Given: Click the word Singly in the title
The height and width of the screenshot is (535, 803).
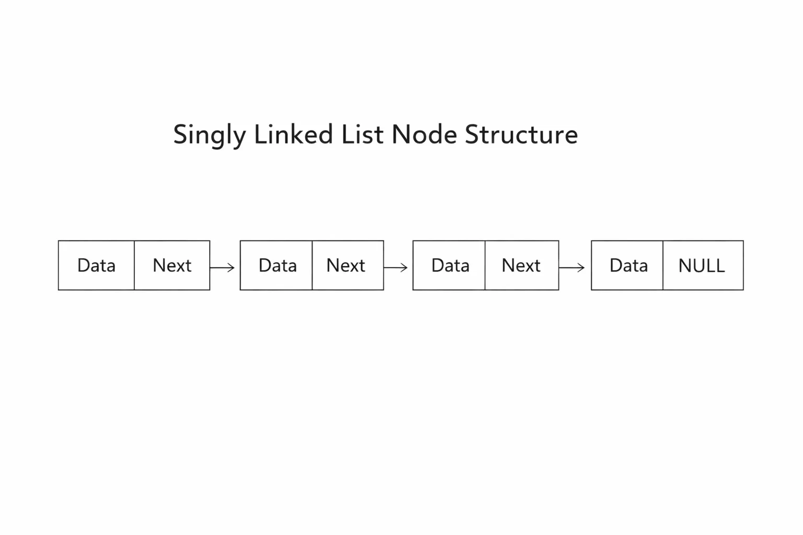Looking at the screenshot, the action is (210, 135).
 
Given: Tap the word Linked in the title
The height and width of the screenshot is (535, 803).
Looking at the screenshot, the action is (294, 134).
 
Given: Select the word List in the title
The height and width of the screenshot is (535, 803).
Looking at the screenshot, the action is (362, 134).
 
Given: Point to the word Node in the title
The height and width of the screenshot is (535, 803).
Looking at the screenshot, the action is (425, 134).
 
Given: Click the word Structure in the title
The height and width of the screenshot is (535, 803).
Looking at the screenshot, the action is (522, 134).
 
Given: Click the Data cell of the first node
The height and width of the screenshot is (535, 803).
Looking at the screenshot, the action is (96, 265).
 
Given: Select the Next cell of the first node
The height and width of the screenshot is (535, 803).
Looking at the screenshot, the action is (172, 265).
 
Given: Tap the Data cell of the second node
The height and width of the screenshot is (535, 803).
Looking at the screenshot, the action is (277, 265).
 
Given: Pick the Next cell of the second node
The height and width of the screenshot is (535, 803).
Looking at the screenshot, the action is (348, 265).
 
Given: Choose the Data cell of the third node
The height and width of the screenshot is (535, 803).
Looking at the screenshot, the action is (449, 265).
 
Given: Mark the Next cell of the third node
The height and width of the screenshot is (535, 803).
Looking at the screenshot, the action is (522, 265).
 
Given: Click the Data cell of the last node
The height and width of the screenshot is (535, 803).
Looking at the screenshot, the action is (627, 265).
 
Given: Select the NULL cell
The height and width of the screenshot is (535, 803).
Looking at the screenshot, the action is (703, 265).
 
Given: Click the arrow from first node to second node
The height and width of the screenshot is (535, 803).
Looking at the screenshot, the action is (222, 267).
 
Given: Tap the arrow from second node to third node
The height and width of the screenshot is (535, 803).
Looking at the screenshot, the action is (396, 267).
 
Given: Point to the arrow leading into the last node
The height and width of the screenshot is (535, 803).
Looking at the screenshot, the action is (572, 267).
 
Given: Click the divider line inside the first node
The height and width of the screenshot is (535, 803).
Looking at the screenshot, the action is (134, 265).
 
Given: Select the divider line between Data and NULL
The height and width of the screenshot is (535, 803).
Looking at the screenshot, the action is (663, 265).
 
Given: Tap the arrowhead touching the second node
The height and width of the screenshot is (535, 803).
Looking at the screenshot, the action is (232, 267).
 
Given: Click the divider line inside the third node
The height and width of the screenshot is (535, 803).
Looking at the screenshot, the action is (485, 265).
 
